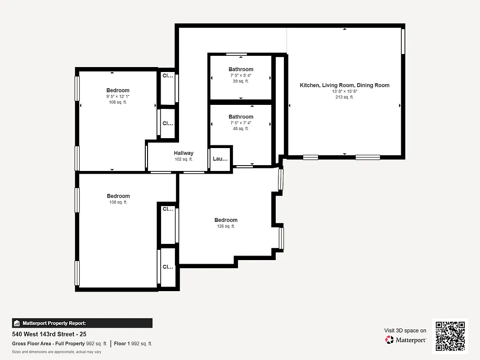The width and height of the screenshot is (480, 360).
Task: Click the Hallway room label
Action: [184, 153]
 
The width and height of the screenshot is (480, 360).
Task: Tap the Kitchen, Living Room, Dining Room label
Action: [345, 85]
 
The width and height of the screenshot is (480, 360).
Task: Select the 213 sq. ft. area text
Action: [345, 97]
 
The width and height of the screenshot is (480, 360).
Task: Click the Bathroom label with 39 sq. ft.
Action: [241, 69]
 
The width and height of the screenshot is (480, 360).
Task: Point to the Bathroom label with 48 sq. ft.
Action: [241, 117]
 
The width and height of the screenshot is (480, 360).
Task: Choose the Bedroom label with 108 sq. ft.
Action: [118, 90]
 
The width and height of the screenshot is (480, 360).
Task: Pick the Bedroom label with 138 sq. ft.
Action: [118, 196]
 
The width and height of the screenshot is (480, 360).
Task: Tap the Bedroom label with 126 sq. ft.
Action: [226, 220]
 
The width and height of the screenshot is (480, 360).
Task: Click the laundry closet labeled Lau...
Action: [220, 159]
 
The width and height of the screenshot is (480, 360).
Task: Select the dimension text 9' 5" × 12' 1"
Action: [118, 96]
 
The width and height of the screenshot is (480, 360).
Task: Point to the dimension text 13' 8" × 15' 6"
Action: [345, 91]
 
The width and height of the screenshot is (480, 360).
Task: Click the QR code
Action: [450, 336]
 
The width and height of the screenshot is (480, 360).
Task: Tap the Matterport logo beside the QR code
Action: [406, 340]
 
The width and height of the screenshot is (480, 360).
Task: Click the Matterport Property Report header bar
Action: [82, 323]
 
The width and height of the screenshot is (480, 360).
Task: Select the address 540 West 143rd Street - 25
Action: [49, 335]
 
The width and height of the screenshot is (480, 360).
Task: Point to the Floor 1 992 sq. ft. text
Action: [133, 344]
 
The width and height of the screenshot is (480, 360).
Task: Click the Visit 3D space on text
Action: [405, 330]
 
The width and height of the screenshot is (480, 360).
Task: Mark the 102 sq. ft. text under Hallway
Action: [184, 159]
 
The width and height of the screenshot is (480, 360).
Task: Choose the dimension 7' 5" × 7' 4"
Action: [241, 122]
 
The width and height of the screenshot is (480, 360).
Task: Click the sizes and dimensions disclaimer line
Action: [56, 352]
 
